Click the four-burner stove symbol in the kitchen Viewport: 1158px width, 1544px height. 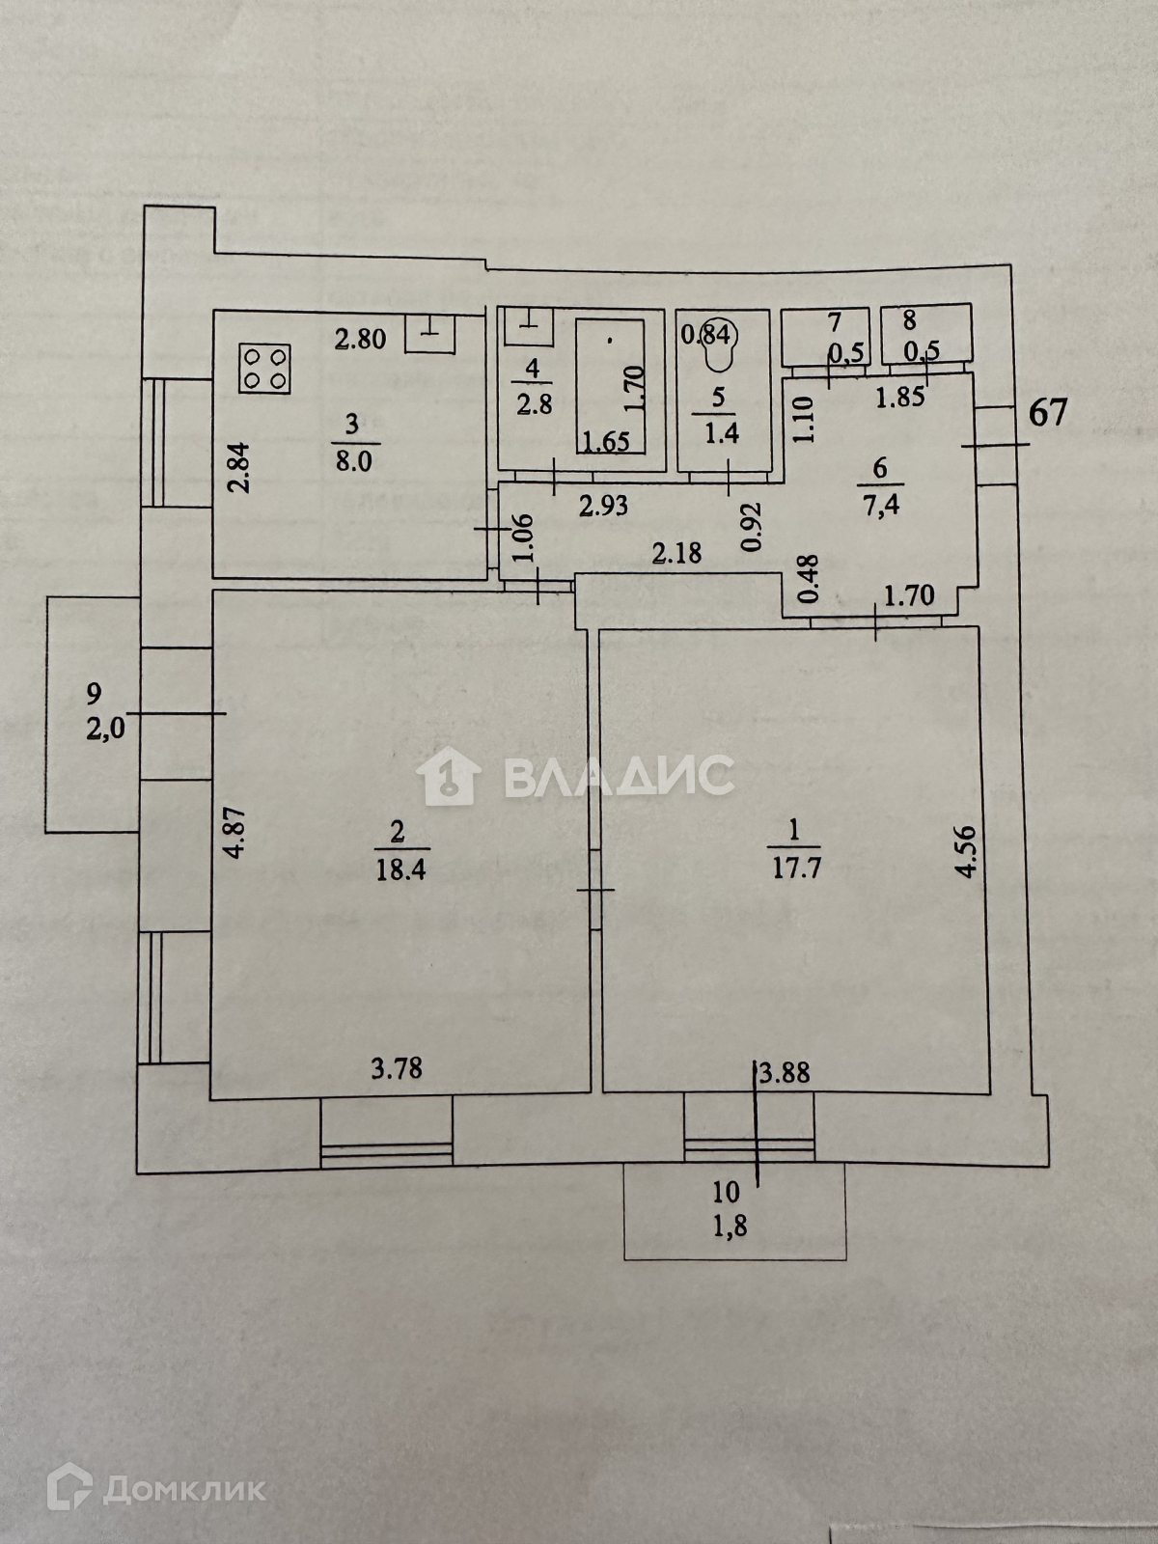point(265,369)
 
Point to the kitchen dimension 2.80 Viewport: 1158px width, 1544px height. point(360,339)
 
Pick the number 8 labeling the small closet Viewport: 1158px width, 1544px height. point(910,320)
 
